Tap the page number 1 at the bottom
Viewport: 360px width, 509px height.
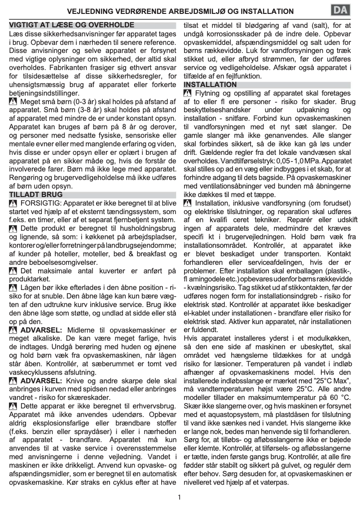coord(179,497)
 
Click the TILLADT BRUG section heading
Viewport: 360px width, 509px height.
coord(36,195)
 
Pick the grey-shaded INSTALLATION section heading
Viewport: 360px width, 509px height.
coord(210,84)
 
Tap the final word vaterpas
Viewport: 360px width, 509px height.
coord(272,483)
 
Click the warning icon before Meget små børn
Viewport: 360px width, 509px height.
coord(13,102)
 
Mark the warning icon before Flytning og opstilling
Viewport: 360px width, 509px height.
coord(188,93)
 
